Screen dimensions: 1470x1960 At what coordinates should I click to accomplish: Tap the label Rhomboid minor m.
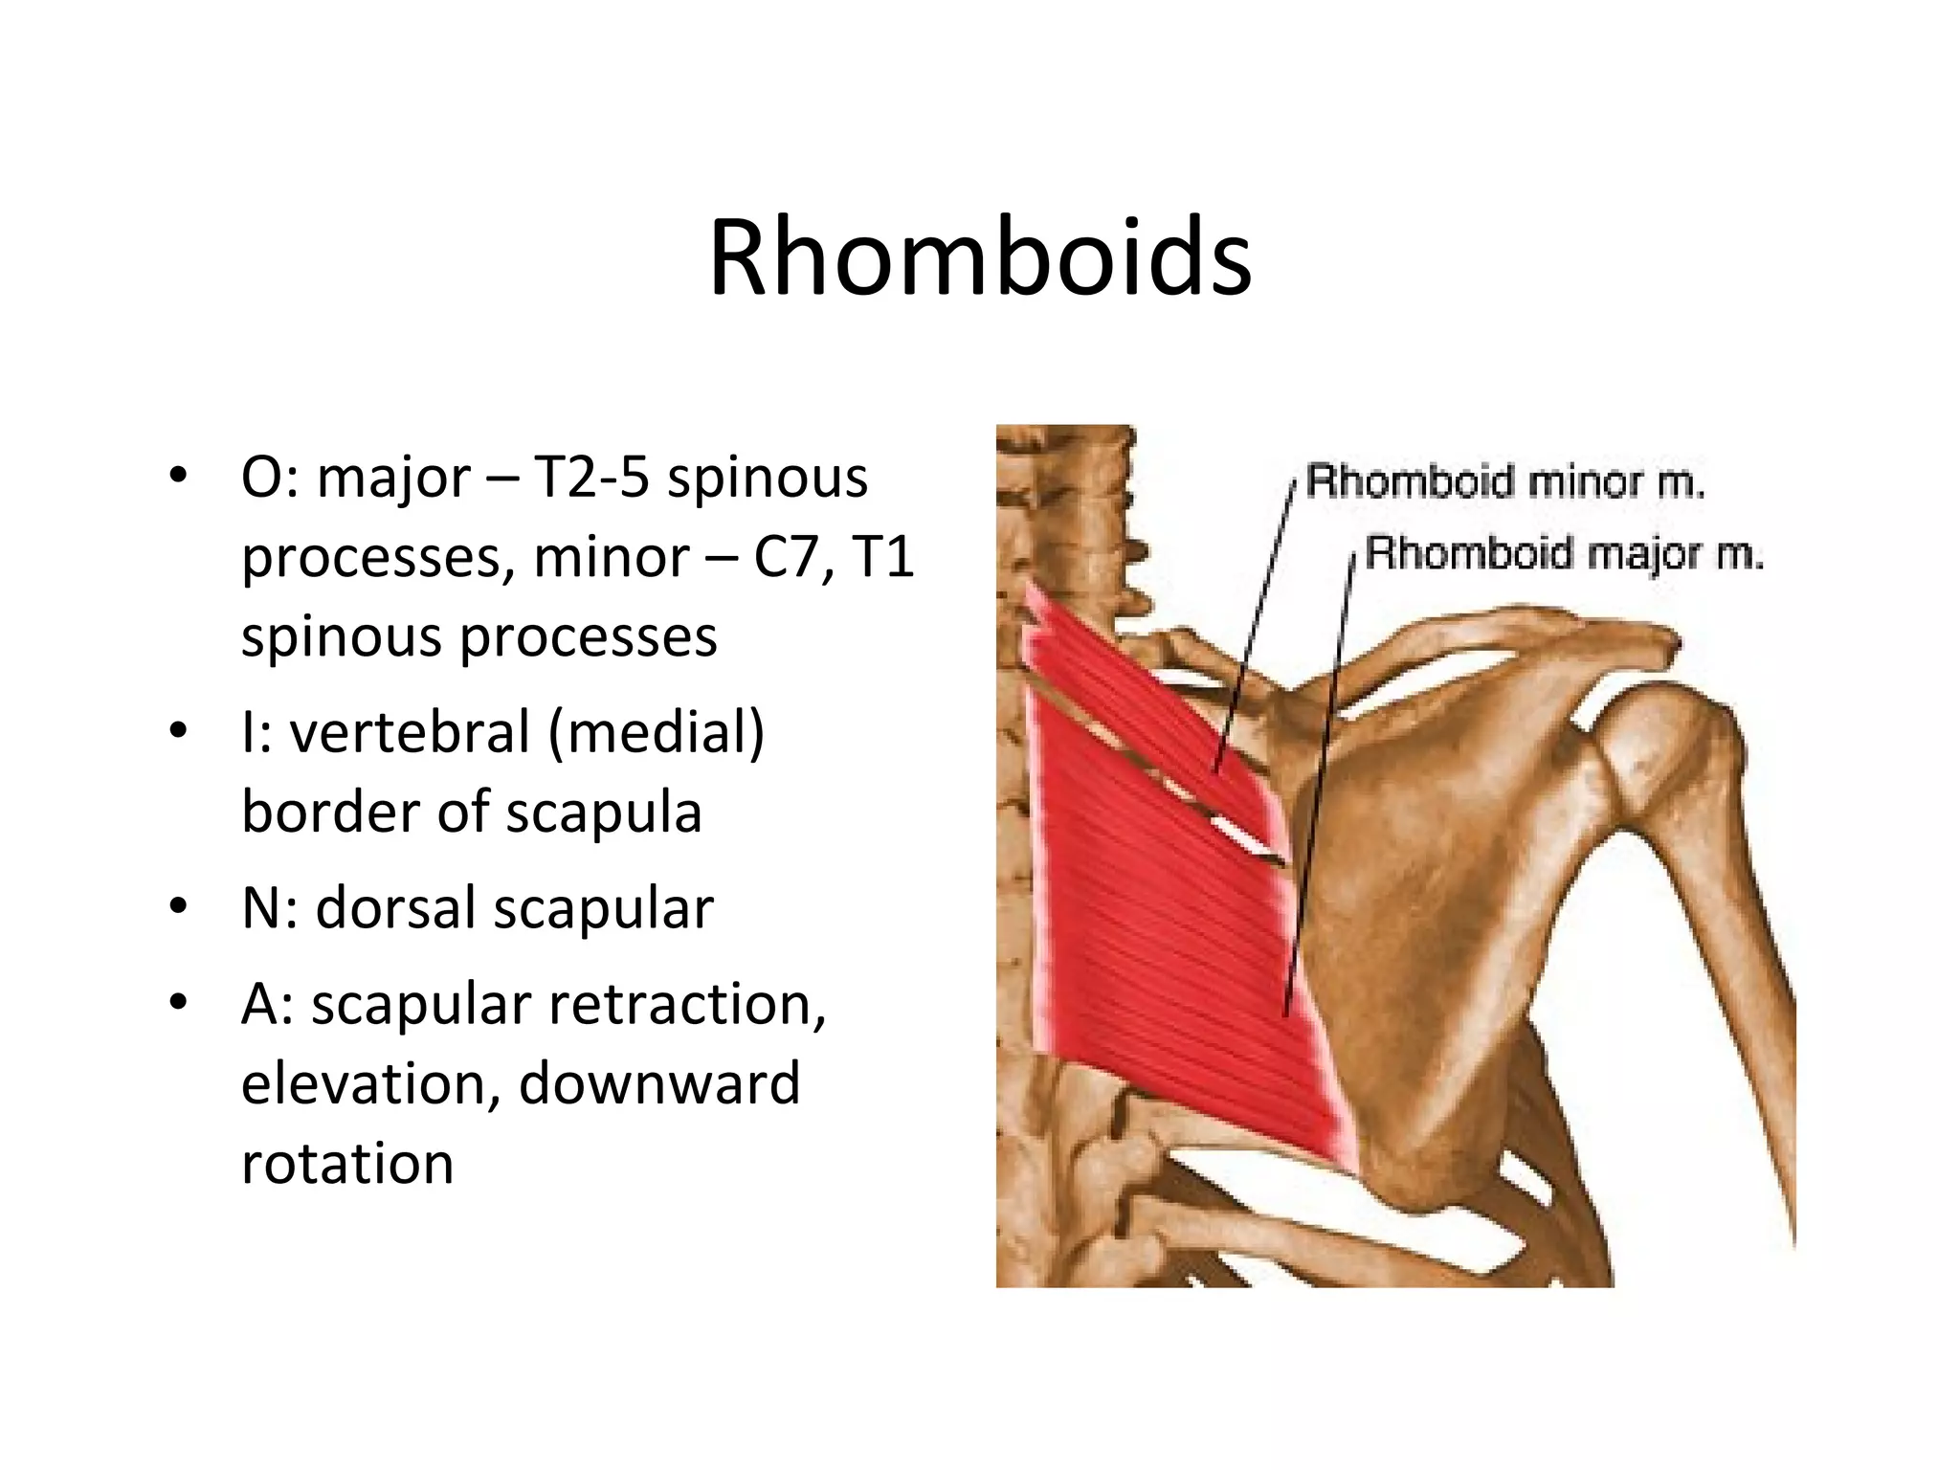(x=1504, y=482)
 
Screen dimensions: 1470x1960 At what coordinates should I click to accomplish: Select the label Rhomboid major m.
(x=1564, y=554)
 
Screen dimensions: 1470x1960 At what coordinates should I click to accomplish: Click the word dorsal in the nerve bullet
(x=395, y=908)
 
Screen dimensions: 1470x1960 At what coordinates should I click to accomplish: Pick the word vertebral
(x=410, y=732)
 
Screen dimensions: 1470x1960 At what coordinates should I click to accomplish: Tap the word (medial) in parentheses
(x=657, y=732)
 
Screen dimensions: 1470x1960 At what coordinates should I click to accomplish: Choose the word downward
(x=658, y=1084)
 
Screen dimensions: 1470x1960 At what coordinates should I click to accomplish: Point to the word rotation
(x=346, y=1164)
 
